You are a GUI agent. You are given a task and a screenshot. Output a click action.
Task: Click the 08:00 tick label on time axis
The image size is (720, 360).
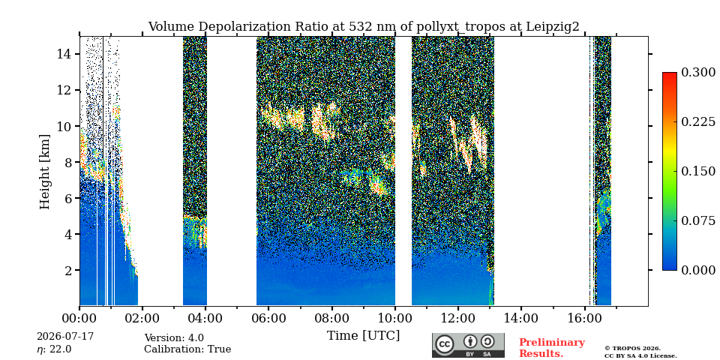[x=331, y=318]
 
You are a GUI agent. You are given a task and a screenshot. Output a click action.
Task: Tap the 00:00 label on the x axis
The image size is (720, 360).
[x=79, y=318]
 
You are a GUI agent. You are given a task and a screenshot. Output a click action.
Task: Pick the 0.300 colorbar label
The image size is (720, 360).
[x=698, y=73]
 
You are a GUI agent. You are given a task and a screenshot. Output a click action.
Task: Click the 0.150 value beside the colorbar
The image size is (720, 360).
[x=698, y=171]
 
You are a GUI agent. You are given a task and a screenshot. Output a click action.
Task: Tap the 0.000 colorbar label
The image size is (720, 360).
[x=698, y=271]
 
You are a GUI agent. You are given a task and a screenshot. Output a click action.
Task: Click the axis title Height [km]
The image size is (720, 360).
[x=44, y=172]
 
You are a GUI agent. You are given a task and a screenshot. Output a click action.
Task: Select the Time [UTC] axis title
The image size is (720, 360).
[x=363, y=335]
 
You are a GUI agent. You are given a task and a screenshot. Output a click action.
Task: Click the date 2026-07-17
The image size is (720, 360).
[x=65, y=337]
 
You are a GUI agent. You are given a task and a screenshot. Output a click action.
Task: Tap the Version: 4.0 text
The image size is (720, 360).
[x=174, y=338]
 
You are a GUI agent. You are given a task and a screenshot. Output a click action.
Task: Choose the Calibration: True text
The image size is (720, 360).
[x=187, y=349]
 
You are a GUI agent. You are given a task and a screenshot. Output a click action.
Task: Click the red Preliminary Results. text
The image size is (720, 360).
[x=552, y=348]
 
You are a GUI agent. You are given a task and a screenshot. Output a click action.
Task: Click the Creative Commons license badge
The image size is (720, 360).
[x=468, y=345]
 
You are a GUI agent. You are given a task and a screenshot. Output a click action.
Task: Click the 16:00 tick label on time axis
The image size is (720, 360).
[x=583, y=318]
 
